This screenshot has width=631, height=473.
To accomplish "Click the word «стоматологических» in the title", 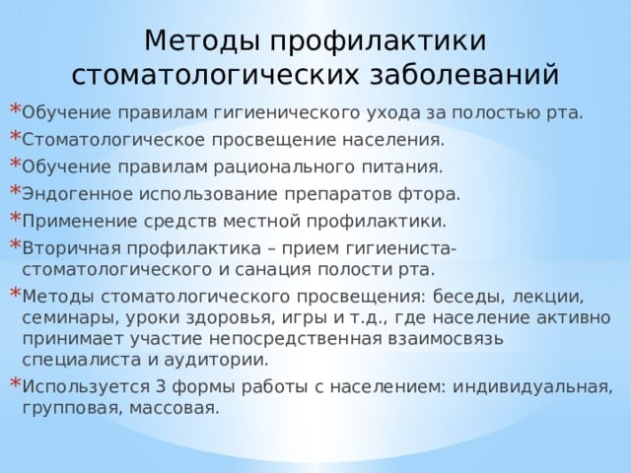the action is pyautogui.click(x=215, y=75).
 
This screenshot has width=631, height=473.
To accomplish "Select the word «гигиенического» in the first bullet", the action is pyautogui.click(x=287, y=113).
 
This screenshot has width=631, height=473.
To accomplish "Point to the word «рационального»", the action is pyautogui.click(x=284, y=168).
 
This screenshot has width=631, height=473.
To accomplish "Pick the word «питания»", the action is pyautogui.click(x=403, y=168).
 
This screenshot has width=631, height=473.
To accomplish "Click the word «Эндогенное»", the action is pyautogui.click(x=77, y=194).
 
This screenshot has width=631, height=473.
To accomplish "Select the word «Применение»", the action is pyautogui.click(x=79, y=222).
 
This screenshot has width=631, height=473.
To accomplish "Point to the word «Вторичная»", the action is pyautogui.click(x=72, y=248).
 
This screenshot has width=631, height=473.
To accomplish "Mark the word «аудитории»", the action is pyautogui.click(x=216, y=360).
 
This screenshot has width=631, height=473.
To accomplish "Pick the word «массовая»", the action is pyautogui.click(x=175, y=409).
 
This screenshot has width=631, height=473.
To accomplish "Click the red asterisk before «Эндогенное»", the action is pyautogui.click(x=15, y=189).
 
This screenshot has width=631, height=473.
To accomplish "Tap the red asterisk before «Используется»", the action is pyautogui.click(x=15, y=382).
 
